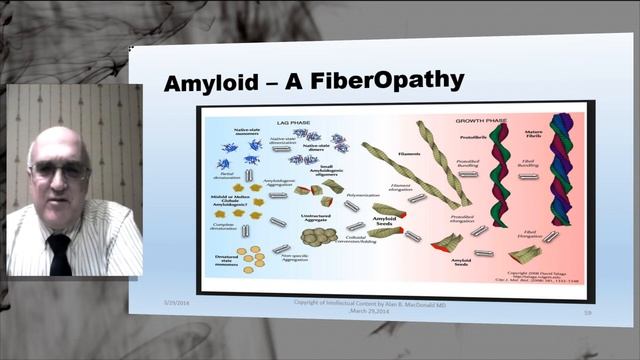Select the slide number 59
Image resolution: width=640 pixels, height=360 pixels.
(574, 313)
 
